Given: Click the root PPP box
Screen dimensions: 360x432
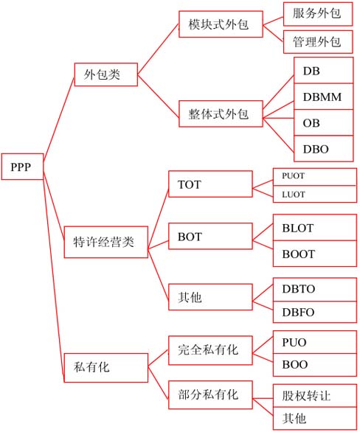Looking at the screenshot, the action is tap(23, 167).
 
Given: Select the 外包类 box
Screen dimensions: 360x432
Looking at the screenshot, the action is tap(106, 74).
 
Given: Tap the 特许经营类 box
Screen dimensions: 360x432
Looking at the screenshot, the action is tap(106, 243).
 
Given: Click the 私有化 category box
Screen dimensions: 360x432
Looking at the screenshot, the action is tap(106, 368).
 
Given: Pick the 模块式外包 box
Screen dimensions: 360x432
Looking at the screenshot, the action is tap(221, 24).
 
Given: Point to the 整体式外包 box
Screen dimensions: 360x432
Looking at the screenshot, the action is tap(221, 114).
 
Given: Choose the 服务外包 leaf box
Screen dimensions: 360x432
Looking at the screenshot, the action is tap(318, 14).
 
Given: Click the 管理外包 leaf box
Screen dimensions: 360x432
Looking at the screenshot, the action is tap(318, 42).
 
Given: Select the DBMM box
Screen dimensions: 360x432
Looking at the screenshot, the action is tap(324, 97).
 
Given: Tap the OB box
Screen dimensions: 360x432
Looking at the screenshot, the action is tap(324, 122).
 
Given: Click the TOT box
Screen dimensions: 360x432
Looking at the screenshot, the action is tap(210, 184).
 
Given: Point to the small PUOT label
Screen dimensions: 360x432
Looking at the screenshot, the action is tap(294, 175).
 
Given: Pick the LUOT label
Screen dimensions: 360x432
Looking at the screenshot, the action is tap(294, 195).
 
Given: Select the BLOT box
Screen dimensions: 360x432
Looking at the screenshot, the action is tap(315, 228).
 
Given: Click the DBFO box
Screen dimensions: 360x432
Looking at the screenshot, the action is tap(315, 312).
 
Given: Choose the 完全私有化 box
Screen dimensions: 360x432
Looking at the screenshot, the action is tap(210, 350).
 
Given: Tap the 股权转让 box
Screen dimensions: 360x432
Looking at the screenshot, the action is tap(315, 396).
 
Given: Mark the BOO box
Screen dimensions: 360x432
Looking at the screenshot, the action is tap(315, 365).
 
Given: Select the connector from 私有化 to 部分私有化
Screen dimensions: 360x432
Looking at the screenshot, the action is tap(158, 383).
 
